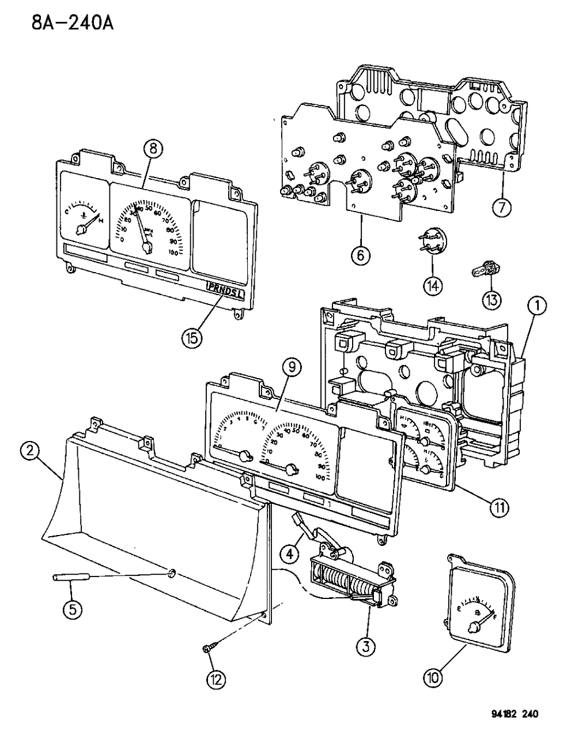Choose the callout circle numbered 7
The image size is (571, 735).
(501, 206)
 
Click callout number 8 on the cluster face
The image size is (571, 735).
(152, 148)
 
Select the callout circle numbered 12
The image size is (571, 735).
(216, 679)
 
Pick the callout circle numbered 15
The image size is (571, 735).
(192, 337)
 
